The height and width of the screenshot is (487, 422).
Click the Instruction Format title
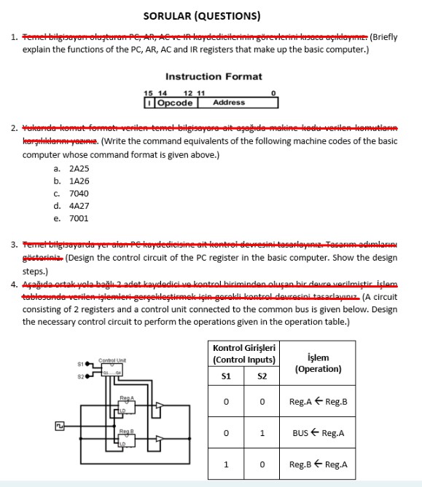tap(214, 76)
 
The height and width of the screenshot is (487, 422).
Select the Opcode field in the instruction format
tap(172, 103)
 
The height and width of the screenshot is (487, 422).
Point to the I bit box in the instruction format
tap(149, 103)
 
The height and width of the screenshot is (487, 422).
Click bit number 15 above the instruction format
tap(148, 93)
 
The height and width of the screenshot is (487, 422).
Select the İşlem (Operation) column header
tap(319, 363)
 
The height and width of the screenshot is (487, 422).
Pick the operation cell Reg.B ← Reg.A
tap(319, 464)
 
